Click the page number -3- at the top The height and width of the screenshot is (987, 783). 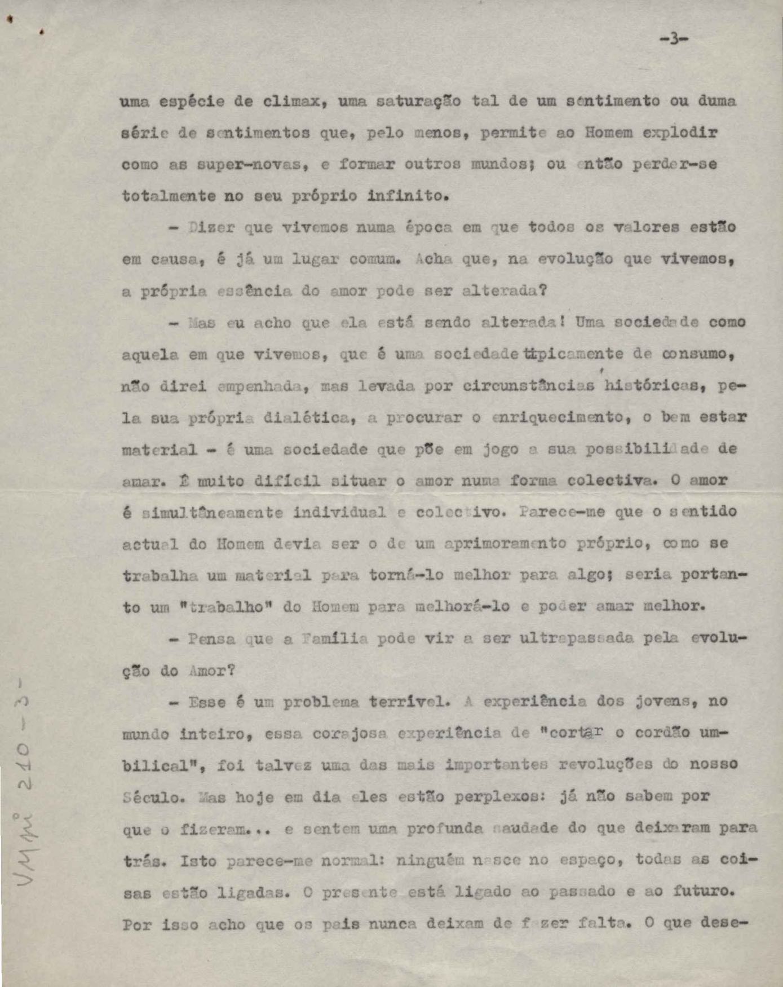point(674,39)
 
